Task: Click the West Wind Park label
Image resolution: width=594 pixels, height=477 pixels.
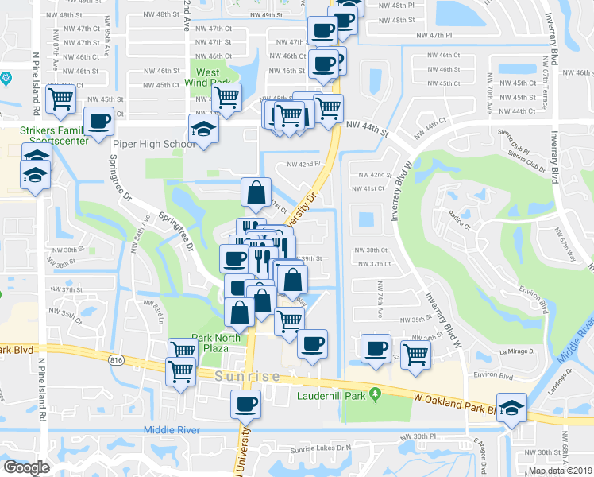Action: [207, 78]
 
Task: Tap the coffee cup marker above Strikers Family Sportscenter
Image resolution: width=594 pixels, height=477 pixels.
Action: [98, 122]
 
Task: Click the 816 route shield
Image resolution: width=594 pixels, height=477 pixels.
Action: [118, 360]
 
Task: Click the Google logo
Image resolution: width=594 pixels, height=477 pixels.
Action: [25, 467]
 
